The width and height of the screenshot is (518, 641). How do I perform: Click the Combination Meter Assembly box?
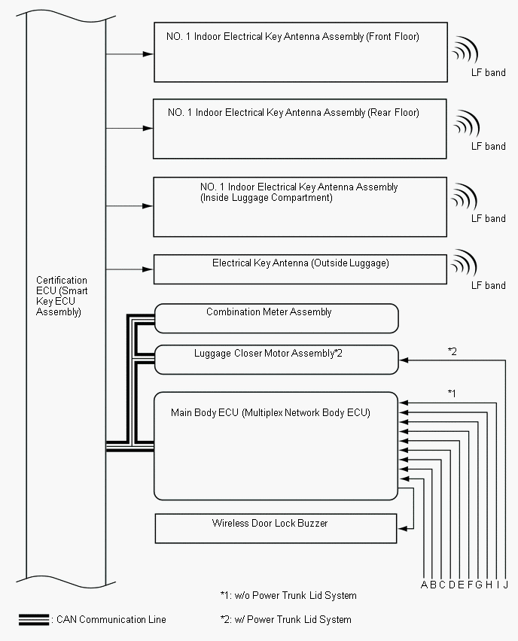(276, 317)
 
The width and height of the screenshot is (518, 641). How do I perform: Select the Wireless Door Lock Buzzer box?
(276, 528)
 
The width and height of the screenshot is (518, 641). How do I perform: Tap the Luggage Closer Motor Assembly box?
(276, 359)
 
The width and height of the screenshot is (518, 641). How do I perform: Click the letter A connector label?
(425, 585)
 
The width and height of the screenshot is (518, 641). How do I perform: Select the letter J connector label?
(506, 585)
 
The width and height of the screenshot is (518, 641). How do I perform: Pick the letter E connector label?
(461, 585)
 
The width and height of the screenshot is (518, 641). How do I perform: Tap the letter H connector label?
(489, 585)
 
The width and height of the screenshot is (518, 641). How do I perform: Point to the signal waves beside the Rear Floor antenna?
(466, 123)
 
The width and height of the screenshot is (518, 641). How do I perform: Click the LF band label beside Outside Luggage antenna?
(488, 285)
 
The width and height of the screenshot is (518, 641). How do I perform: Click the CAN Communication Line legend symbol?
(34, 619)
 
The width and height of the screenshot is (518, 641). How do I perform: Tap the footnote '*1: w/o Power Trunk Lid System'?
(283, 596)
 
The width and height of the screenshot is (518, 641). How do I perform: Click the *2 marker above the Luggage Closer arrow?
(452, 351)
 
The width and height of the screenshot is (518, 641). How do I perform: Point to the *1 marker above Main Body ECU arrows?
(452, 393)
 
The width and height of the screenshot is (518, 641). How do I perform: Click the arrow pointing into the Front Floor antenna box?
(147, 54)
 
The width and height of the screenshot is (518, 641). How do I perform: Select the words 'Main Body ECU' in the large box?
(205, 412)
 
